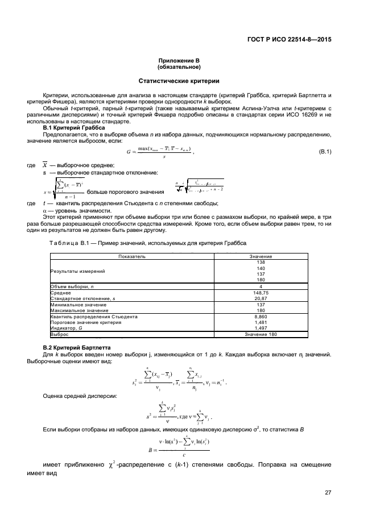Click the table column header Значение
click(x=261, y=257)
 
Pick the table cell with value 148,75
click(x=261, y=293)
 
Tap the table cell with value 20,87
click(x=261, y=298)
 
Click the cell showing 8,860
click(x=261, y=317)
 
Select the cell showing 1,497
click(x=261, y=328)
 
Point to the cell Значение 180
click(x=261, y=334)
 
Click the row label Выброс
click(x=59, y=334)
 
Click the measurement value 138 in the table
click(x=261, y=263)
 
